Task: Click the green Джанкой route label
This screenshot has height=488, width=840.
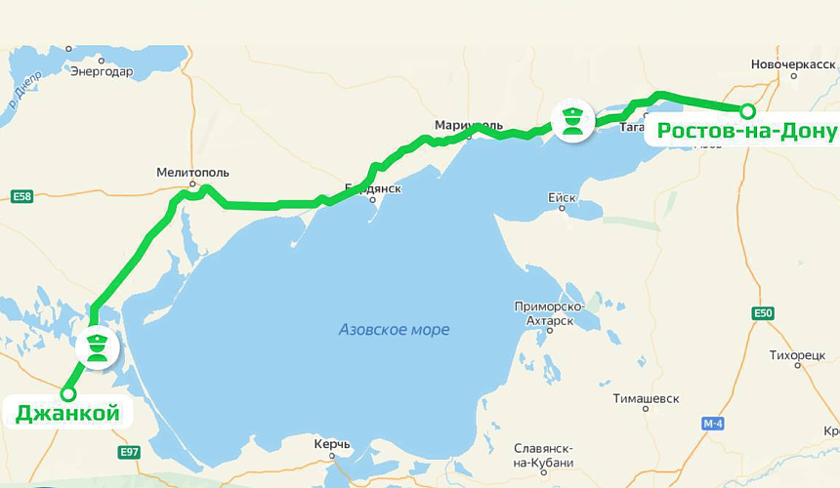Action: [x=67, y=414]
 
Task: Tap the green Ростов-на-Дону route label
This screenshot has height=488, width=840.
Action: [x=746, y=131]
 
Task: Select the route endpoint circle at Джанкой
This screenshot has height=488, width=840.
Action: [x=67, y=393]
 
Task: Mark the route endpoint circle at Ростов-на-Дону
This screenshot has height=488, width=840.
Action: [x=747, y=110]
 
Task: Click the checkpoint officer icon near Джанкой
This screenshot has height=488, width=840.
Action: [x=96, y=346]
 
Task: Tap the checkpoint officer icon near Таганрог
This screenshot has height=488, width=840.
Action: [x=571, y=119]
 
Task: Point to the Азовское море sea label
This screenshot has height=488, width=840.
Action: [x=394, y=330]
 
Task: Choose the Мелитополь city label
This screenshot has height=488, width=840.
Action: [x=192, y=173]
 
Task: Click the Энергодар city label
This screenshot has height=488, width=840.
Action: [x=102, y=70]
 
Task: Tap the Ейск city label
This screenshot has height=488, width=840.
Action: [x=562, y=197]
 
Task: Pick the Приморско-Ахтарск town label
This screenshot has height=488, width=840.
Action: [x=549, y=313]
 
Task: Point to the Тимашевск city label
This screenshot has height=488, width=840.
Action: [x=646, y=398]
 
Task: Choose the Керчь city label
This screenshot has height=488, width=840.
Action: [x=332, y=445]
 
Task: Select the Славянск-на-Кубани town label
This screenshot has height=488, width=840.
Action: [x=544, y=456]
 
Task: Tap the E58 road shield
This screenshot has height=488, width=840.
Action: [x=21, y=196]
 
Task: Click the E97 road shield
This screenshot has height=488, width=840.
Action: [x=129, y=452]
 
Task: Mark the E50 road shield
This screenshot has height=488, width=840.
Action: [x=763, y=313]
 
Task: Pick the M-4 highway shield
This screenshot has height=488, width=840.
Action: [x=713, y=425]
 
